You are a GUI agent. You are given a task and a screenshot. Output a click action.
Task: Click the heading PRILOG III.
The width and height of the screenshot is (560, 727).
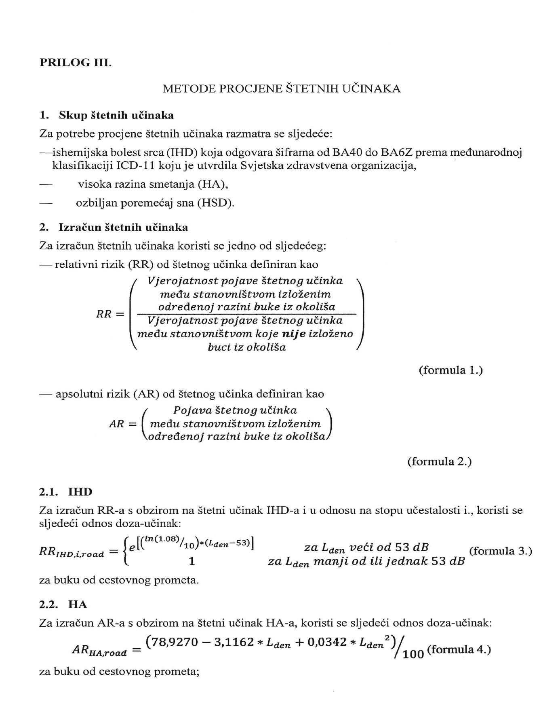tap(75, 63)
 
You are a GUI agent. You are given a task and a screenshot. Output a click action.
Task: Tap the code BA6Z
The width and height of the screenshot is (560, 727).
tap(396, 152)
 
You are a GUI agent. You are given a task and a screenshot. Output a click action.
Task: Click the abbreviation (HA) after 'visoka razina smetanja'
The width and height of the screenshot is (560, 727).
tap(213, 184)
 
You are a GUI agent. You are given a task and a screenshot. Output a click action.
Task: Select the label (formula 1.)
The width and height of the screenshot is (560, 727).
tap(451, 370)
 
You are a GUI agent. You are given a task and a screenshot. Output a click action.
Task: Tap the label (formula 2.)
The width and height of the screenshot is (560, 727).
tap(439, 461)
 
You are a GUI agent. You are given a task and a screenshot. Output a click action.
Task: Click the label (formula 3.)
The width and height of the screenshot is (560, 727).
tap(500, 551)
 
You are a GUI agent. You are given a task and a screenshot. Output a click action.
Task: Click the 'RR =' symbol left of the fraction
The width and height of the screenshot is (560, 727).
tap(110, 314)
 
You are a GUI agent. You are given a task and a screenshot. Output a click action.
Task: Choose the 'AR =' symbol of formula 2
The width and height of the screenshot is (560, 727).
tap(123, 424)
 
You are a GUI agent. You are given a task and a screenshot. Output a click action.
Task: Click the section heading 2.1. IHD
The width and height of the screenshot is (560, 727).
tap(66, 492)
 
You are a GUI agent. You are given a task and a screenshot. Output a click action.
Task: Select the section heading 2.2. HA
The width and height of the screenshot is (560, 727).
tap(63, 604)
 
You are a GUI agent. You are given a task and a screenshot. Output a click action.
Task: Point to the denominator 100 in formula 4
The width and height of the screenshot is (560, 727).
tap(413, 654)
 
